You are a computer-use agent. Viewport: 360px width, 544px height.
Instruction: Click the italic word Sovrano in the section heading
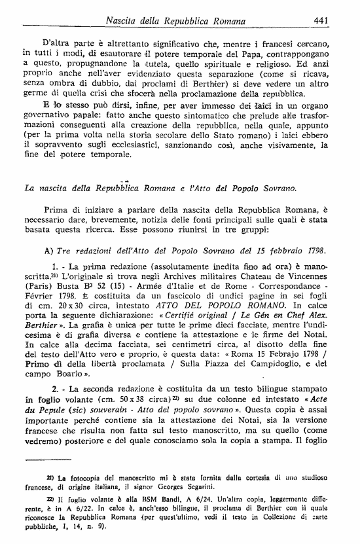274,188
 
